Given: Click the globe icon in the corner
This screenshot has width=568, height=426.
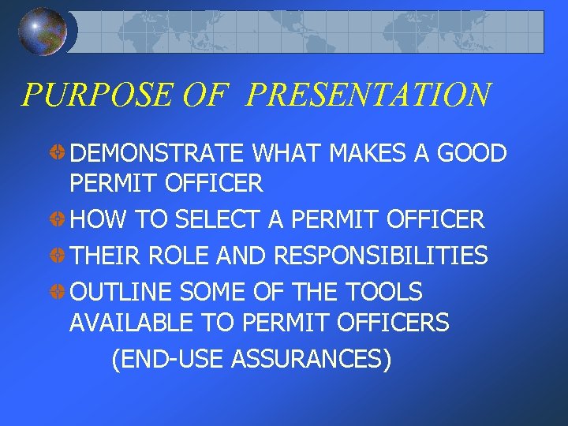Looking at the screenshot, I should [x=42, y=32].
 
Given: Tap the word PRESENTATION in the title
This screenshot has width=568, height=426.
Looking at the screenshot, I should [x=368, y=95].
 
